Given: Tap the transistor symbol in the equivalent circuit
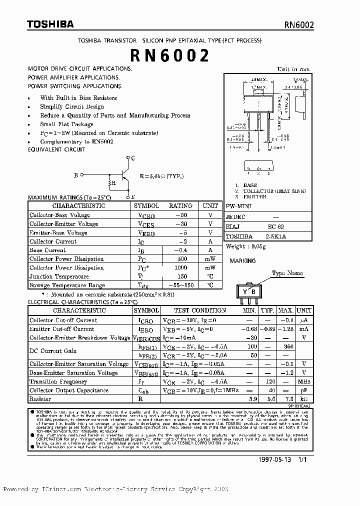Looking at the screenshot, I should click(x=125, y=175).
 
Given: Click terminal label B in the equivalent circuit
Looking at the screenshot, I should click(x=76, y=175).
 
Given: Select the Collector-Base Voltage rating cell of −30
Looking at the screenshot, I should click(x=180, y=215).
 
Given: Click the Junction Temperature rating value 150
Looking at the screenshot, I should click(x=180, y=276).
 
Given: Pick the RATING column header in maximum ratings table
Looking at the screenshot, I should click(x=180, y=205).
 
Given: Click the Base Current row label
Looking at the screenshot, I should click(x=47, y=250).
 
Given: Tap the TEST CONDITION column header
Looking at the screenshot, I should click(x=200, y=310).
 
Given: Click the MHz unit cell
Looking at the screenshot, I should click(x=303, y=381).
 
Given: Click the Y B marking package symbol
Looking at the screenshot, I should click(x=248, y=292).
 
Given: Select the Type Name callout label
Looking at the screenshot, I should click(x=287, y=273).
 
